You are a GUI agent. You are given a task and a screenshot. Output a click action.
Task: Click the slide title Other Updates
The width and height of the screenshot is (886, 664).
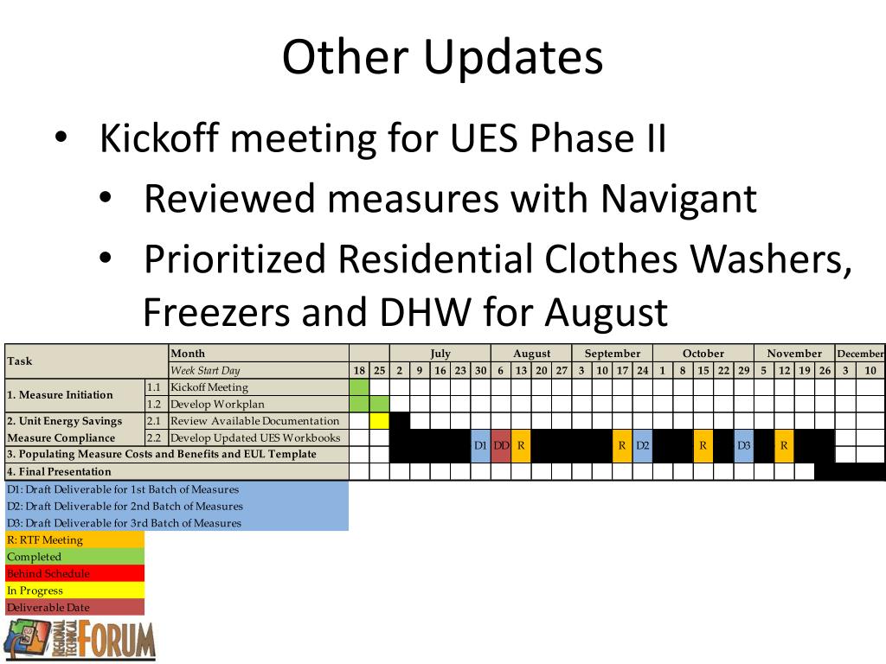point(442,58)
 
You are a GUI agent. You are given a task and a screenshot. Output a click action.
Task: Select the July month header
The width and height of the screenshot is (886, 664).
point(440,354)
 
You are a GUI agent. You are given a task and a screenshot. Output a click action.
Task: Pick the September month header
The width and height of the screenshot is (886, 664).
point(612,354)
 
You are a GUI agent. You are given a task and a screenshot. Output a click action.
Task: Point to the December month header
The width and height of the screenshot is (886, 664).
point(860,354)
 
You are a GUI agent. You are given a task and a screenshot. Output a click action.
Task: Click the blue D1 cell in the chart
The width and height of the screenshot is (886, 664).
point(480,445)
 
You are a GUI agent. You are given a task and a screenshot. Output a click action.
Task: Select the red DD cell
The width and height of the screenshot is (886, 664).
point(501,445)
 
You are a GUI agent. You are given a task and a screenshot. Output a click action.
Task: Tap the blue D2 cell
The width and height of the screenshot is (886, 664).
point(643,445)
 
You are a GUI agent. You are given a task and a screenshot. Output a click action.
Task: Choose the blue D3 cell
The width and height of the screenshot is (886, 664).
point(743,445)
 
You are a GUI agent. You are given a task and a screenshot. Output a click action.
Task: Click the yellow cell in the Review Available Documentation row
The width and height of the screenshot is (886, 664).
point(379,421)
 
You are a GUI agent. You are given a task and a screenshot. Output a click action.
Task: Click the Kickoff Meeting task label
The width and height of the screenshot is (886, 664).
point(209,387)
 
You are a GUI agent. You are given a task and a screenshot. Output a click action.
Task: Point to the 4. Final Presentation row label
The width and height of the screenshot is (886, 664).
point(60,471)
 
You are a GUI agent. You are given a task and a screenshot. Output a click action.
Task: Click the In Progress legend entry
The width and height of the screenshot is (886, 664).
point(35,591)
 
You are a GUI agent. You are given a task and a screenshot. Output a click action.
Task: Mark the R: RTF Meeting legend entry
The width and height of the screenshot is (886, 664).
point(45,540)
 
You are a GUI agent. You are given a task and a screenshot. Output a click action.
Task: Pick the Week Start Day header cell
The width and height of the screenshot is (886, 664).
point(205,370)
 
